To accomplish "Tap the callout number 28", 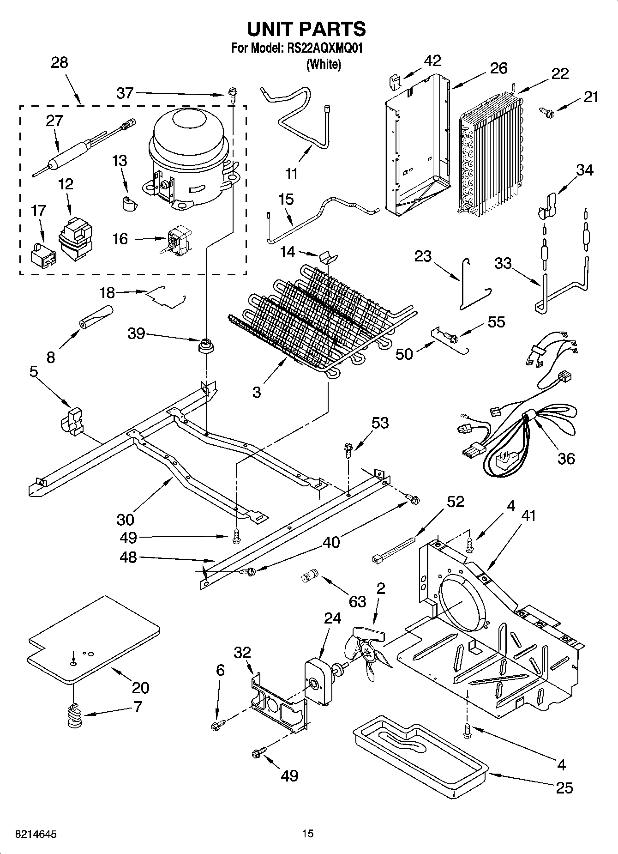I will click(60, 62).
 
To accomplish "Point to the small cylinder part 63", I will click(308, 576).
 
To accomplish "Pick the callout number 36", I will click(566, 458).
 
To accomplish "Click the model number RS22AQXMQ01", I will click(324, 48).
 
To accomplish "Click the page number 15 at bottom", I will click(308, 834).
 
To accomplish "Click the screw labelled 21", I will click(546, 111).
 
